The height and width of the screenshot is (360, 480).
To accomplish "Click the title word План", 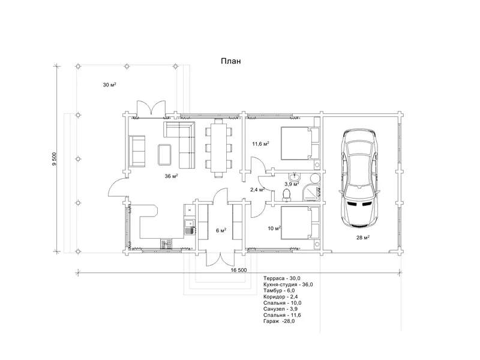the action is coord(231,61).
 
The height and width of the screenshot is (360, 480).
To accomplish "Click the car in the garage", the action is coord(359,178).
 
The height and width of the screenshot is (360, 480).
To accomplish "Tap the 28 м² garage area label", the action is coord(363,237).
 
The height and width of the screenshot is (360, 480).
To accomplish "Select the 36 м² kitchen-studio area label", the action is coord(172,176).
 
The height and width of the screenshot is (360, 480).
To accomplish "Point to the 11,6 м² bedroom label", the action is coord(260,143).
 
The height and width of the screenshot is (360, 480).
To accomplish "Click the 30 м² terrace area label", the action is coord(109,85).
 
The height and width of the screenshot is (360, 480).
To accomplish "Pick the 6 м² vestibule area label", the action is coord(221,230).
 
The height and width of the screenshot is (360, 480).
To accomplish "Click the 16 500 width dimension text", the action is coord(239,270).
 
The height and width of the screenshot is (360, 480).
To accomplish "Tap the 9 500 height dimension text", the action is coord(55,159).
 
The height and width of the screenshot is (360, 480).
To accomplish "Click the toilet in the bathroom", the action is coord(287,194).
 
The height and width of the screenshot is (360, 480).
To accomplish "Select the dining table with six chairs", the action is coord(218,148).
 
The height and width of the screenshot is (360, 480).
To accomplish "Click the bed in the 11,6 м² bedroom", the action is coord(300,143).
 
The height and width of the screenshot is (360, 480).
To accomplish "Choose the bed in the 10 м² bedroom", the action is coord(300,223).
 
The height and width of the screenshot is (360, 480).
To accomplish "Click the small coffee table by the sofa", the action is coord(165,154).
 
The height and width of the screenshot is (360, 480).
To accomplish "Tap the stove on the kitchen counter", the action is coord(166,244).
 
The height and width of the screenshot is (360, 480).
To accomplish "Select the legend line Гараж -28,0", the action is coord(279,321).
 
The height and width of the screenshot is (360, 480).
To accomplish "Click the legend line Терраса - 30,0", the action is coord(281,278).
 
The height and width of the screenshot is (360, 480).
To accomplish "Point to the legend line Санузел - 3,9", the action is coord(280,309).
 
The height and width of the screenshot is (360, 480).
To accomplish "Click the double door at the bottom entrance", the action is coord(220,259).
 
